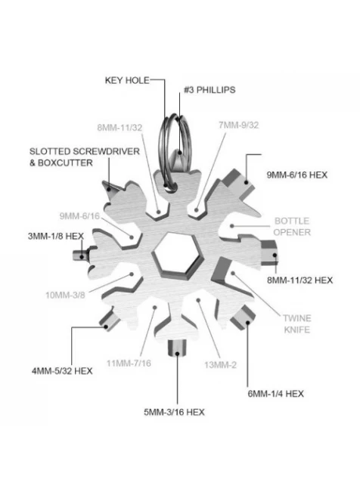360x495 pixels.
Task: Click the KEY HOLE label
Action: (x=127, y=80)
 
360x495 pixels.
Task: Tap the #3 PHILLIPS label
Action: (x=209, y=90)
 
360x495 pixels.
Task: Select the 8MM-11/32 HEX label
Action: (x=299, y=280)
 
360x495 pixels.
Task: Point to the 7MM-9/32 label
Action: (x=238, y=125)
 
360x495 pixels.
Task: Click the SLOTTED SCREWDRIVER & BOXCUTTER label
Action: (x=85, y=157)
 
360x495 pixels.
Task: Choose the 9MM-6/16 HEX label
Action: (x=296, y=175)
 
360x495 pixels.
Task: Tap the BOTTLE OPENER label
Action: (x=292, y=227)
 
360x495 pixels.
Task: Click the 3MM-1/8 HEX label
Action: (x=56, y=236)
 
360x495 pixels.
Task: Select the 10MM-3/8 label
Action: (x=65, y=295)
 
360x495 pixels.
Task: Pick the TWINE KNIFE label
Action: (x=296, y=323)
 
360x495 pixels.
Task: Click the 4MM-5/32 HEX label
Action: (x=62, y=370)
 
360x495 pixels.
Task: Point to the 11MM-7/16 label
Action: (x=129, y=363)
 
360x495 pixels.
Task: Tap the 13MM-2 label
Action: (x=220, y=365)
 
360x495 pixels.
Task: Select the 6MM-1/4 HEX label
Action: (x=275, y=394)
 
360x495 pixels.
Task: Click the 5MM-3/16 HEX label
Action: (x=174, y=412)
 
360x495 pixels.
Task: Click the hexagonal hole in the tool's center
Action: (x=176, y=252)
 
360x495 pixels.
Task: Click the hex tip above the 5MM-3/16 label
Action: (x=177, y=348)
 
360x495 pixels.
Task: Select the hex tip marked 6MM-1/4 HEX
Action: (x=244, y=317)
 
